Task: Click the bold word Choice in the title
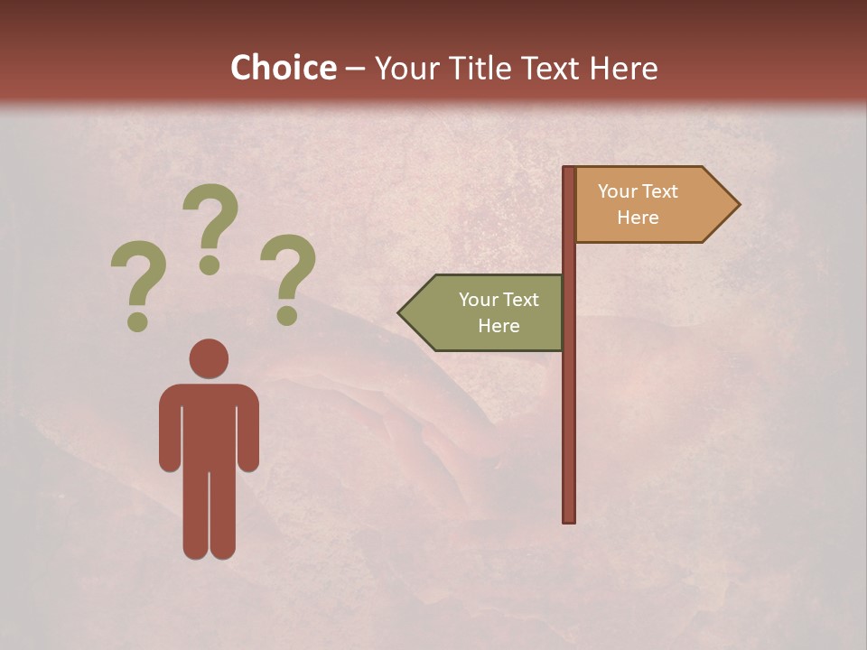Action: coord(283,69)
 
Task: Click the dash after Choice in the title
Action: coord(355,70)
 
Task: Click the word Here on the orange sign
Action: coord(638,218)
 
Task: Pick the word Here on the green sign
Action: coord(499,326)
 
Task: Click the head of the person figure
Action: coord(209,358)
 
